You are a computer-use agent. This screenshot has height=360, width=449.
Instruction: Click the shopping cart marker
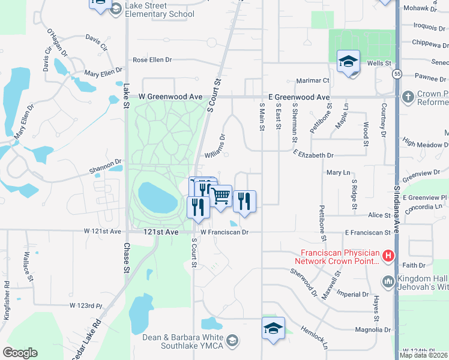(x=221, y=196)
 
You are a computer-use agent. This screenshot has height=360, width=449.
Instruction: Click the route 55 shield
(x=397, y=74)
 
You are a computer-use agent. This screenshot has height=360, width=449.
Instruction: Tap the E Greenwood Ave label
(x=298, y=97)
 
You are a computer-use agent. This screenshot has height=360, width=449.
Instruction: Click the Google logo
(x=20, y=353)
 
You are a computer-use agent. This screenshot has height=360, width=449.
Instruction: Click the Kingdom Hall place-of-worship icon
(x=388, y=280)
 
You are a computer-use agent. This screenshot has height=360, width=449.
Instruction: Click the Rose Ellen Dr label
(x=152, y=60)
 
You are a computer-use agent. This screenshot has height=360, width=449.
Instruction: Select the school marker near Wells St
(x=349, y=62)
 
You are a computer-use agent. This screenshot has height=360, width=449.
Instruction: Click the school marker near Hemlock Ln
(x=273, y=329)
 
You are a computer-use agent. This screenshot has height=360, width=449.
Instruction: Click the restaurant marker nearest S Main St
(x=244, y=201)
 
